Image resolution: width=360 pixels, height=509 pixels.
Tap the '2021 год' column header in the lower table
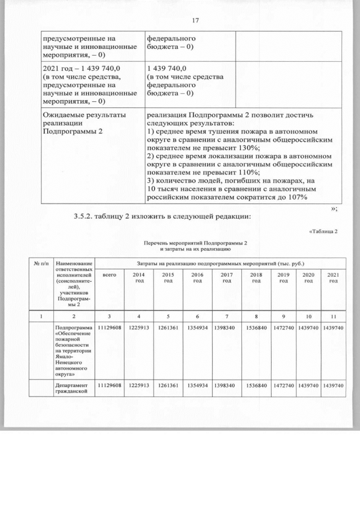(333, 278)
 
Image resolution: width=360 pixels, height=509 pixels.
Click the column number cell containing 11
(333, 316)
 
